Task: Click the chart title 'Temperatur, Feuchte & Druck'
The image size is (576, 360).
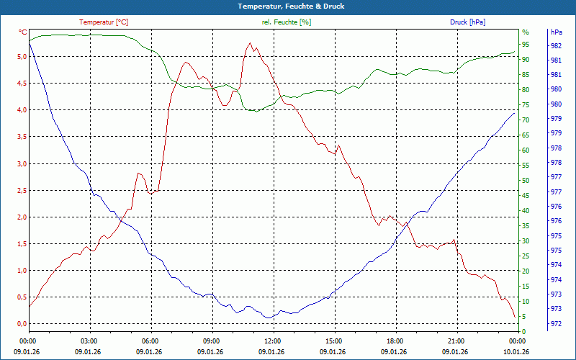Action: pos(287,6)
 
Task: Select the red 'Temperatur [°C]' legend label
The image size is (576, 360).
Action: pos(104,22)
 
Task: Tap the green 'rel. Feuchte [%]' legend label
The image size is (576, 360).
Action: pos(287,22)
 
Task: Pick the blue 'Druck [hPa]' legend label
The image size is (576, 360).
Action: pos(467,22)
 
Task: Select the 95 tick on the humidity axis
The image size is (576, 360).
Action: pos(525,45)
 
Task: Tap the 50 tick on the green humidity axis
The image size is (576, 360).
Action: pos(525,181)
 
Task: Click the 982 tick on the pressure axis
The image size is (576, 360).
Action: pos(556,45)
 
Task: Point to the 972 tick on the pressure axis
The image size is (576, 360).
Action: pos(556,324)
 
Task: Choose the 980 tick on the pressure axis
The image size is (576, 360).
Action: pos(556,89)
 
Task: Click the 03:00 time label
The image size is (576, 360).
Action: pos(89,341)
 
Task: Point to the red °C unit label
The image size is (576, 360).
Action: pos(22,32)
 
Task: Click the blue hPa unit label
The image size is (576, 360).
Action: pos(556,32)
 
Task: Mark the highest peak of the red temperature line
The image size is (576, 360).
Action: pos(250,43)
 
